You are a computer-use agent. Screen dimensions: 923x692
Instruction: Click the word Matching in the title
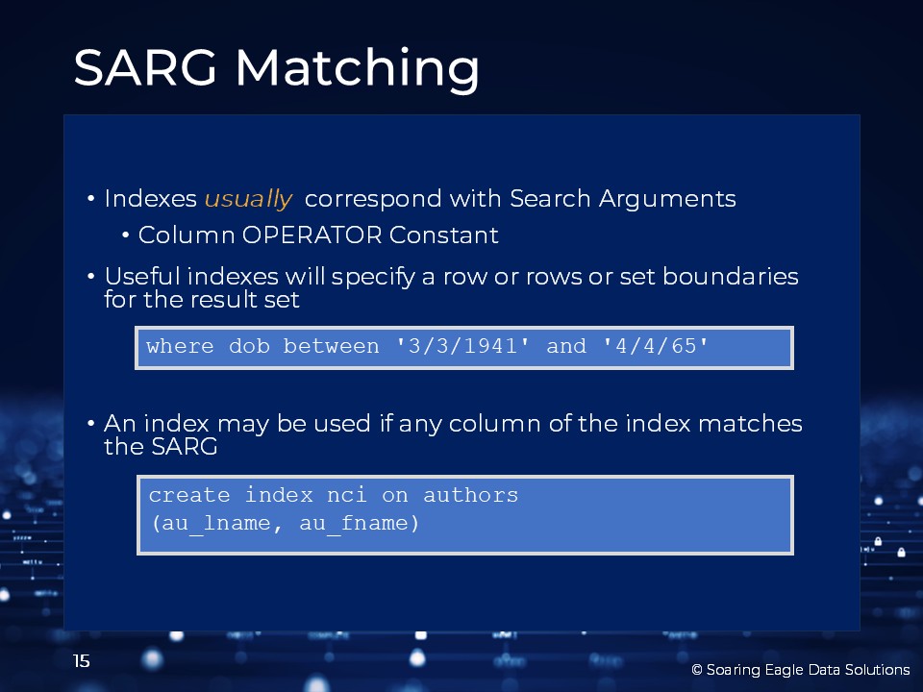358,70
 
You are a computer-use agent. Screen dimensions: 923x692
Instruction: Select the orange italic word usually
248,199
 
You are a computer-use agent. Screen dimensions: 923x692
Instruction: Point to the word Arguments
667,200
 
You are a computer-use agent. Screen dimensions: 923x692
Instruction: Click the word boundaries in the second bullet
731,276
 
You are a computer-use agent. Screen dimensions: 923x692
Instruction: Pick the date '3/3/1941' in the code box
462,346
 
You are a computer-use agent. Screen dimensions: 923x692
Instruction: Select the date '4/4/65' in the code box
656,346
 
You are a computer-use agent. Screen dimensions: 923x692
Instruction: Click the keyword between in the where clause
332,346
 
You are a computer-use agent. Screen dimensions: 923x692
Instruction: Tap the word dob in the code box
250,346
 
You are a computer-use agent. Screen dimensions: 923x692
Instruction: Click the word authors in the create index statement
471,496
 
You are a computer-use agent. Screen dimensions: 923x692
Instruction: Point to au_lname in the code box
216,523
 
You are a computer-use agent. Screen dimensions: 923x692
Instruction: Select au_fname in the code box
359,523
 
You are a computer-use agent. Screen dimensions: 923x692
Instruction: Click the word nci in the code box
347,496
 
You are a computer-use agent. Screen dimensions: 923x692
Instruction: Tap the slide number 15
81,661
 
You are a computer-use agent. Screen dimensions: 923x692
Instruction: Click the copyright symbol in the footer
697,670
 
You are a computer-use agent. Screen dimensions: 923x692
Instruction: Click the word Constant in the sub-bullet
444,235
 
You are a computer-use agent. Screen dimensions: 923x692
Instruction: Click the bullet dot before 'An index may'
90,423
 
